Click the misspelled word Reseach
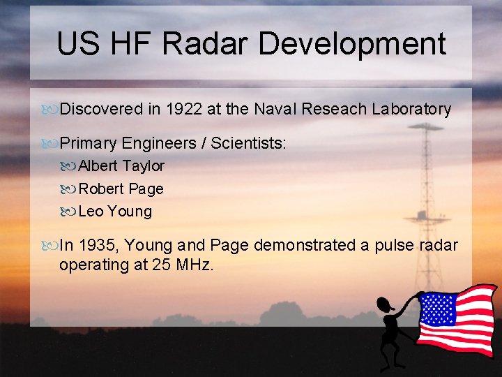coord(335,109)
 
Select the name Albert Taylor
coord(121,166)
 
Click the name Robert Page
coord(121,188)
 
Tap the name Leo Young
coord(115,211)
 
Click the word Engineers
coord(159,143)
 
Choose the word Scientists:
coord(248,143)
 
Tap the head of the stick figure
coord(385,304)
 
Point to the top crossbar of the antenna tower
coord(426,128)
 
